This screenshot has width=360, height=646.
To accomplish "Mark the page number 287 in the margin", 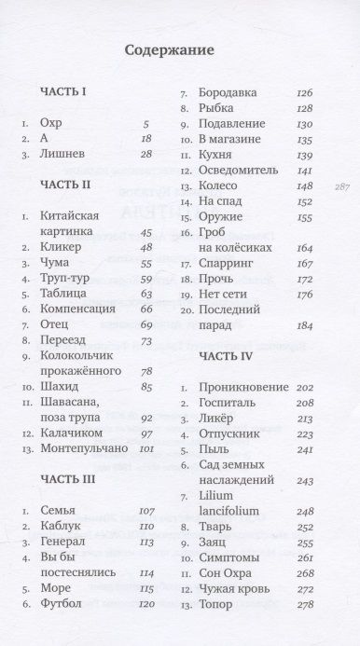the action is [339, 186].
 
